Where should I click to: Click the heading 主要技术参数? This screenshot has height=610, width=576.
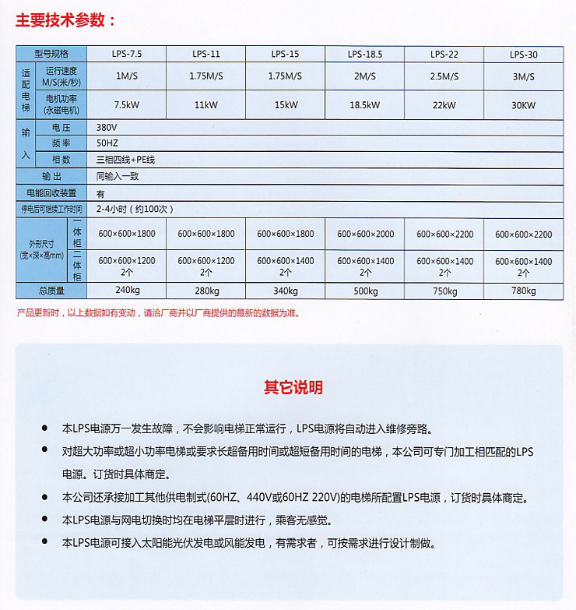[67, 20]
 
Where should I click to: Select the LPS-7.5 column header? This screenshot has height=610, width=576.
[127, 54]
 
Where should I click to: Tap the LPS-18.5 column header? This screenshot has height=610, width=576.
[365, 54]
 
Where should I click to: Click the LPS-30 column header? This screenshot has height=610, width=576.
[523, 54]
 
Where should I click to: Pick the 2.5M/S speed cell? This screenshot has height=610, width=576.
[444, 76]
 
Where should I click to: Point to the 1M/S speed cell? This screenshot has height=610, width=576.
[127, 76]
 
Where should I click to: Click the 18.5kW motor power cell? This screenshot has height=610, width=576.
[365, 104]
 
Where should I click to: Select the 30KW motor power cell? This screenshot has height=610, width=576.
[523, 104]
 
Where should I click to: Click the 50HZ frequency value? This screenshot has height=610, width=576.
[107, 143]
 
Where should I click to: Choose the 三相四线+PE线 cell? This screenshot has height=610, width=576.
[125, 160]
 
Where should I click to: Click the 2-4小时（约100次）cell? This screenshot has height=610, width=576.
[135, 209]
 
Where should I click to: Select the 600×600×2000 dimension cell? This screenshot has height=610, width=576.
[365, 234]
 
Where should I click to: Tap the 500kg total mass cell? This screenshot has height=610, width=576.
[365, 291]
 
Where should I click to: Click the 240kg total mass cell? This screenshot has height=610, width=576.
[127, 291]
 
